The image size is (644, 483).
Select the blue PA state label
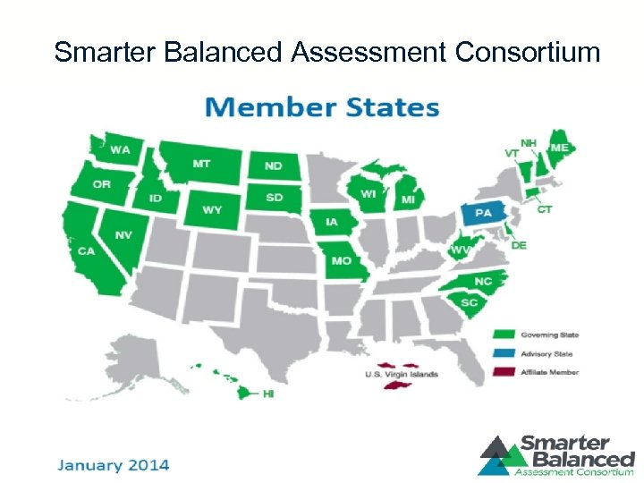pyautogui.click(x=483, y=214)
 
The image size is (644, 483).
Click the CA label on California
pyautogui.click(x=86, y=251)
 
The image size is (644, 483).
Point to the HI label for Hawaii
pyautogui.click(x=267, y=394)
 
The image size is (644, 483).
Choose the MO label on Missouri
pyautogui.click(x=341, y=261)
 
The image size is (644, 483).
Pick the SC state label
pyautogui.click(x=470, y=302)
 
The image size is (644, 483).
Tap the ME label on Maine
pyautogui.click(x=559, y=148)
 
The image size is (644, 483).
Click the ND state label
pyautogui.click(x=272, y=166)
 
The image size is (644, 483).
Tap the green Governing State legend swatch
pyautogui.click(x=504, y=335)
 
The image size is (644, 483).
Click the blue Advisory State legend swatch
pyautogui.click(x=504, y=353)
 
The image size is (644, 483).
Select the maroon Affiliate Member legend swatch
pyautogui.click(x=504, y=372)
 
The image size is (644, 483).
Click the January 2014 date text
pyautogui.click(x=114, y=465)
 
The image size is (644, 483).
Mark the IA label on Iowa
pyautogui.click(x=331, y=222)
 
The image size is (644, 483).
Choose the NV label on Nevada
pyautogui.click(x=123, y=234)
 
